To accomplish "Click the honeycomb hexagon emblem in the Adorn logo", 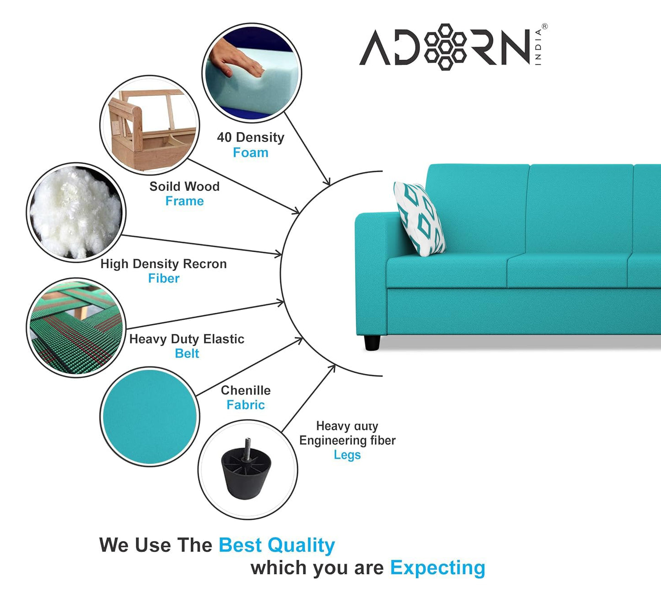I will coord(445,47).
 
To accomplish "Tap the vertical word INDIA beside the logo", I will coord(538,47).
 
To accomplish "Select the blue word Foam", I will coord(250,152).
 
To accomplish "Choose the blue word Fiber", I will coord(163,278).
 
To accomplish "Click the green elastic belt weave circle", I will coord(76,327).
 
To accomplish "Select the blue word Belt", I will coord(187,353).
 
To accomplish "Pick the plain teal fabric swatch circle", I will coord(150,417).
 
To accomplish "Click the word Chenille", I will coord(246,390).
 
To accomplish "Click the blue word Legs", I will coord(347,455).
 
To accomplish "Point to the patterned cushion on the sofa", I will coord(419,218).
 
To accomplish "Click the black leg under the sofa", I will coord(372,343).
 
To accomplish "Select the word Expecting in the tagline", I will coord(437,568).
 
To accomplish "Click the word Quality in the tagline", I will coord(301,545).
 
